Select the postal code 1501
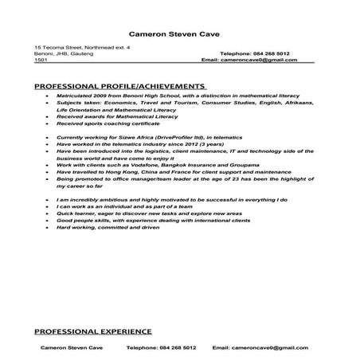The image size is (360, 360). (x=40, y=60)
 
